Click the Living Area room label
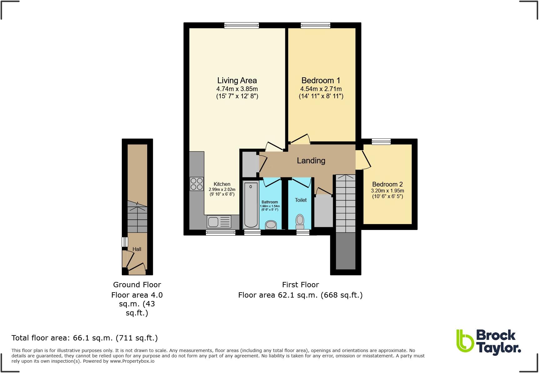pos(237,80)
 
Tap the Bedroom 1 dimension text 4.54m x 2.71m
pos(321,89)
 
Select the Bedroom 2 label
pos(387,184)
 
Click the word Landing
pos(311,161)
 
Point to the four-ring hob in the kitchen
pos(197,184)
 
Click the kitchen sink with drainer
pos(219,222)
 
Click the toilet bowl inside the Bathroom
pos(271,225)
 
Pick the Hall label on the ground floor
pos(137,249)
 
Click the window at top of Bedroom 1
pos(315,26)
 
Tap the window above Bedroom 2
pos(381,141)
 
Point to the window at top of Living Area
pos(242,26)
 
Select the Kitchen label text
pos(222,184)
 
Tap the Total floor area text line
pos(84,338)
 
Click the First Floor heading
pos(300,285)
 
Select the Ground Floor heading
pos(137,285)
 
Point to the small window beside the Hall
pos(125,242)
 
